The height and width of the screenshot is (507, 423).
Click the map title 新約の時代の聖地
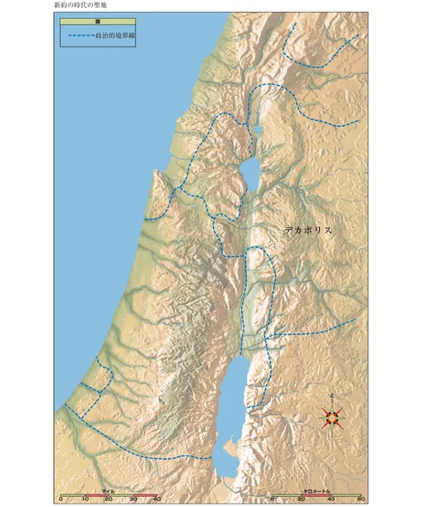point(81,5)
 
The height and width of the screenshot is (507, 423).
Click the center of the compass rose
point(332,416)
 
